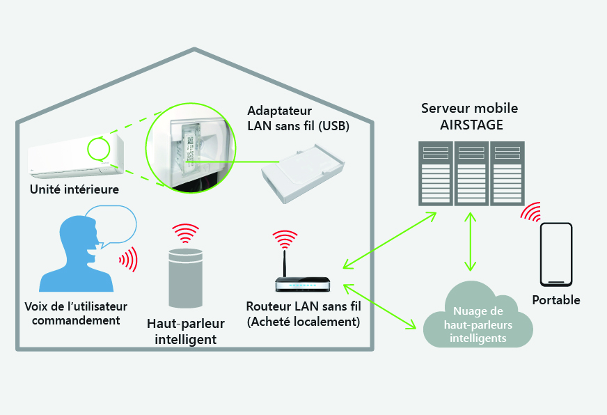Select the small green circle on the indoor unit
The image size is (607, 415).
[x=97, y=148]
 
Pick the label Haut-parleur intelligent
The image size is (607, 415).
[x=182, y=331]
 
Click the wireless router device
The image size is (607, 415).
[x=303, y=284]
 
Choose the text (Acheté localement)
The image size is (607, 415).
[x=303, y=322]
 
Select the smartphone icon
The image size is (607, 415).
[x=556, y=254]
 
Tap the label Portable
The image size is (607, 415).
[x=556, y=300]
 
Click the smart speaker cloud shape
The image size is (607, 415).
[x=477, y=317]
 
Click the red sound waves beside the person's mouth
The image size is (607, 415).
[x=127, y=259]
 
